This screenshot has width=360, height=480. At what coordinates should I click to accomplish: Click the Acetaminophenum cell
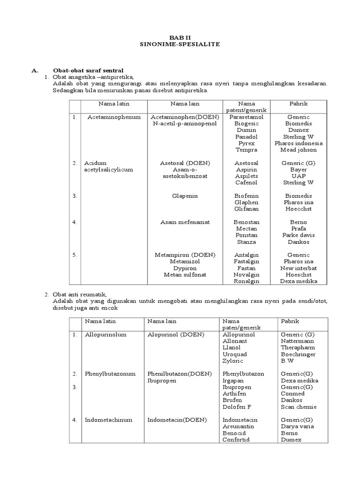[114, 117]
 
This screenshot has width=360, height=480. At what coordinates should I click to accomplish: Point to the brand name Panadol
[246, 136]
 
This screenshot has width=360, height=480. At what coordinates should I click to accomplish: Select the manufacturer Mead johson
[298, 150]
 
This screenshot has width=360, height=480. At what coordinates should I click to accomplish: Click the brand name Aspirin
[246, 169]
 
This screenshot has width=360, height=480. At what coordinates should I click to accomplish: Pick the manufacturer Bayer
[298, 169]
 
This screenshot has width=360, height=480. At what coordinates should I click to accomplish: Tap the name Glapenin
[185, 195]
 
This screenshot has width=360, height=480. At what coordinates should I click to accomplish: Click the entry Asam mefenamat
[185, 222]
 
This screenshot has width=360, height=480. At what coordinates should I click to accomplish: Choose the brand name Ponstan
[246, 235]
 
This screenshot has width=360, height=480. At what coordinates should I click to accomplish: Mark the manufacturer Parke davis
[298, 235]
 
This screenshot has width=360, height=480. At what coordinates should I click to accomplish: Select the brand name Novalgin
[246, 274]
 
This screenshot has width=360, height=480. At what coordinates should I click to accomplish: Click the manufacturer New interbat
[298, 268]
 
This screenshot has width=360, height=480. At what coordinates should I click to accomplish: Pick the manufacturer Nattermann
[297, 341]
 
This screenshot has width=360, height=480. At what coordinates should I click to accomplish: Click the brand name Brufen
[232, 400]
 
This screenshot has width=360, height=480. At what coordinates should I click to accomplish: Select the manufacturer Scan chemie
[299, 406]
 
